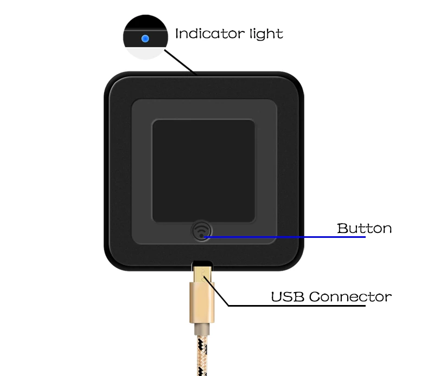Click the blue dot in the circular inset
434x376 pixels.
click(145, 38)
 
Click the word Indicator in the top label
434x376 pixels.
click(202, 34)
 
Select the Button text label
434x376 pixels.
click(364, 228)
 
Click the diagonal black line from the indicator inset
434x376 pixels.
click(180, 61)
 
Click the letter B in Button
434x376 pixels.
click(342, 228)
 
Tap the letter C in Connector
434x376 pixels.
click(314, 297)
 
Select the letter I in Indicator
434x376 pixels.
click(177, 34)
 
